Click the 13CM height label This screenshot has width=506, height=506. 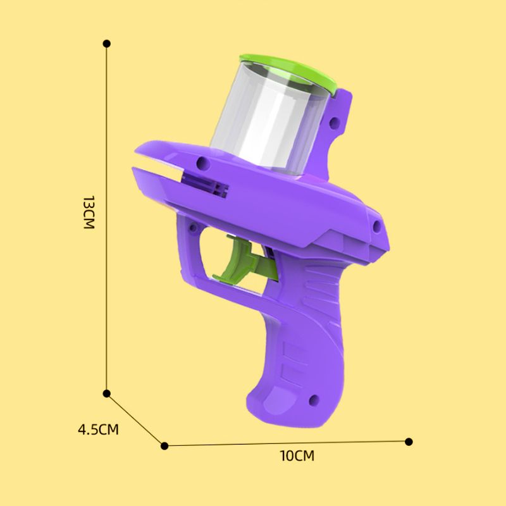click(x=89, y=213)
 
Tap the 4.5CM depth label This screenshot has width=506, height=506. click(x=98, y=430)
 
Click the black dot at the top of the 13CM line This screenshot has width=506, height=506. click(x=107, y=43)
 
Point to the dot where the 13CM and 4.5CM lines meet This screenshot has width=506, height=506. click(x=107, y=393)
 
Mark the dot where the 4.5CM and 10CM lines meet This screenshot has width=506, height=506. click(x=165, y=445)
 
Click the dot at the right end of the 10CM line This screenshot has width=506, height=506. click(x=409, y=441)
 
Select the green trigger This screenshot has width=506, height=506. click(x=244, y=262)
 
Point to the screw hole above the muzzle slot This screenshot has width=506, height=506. click(x=202, y=163)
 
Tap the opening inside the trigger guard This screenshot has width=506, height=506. click(x=215, y=250)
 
